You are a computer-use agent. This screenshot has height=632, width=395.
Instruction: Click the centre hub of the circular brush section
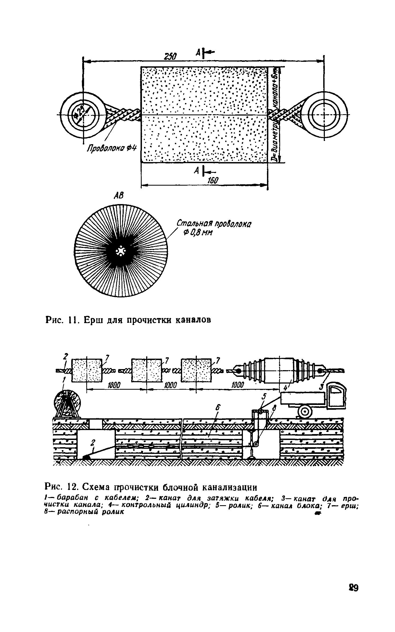click(121, 251)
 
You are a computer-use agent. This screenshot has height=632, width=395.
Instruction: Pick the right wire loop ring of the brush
click(324, 115)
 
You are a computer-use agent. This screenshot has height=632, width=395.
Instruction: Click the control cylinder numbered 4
click(279, 370)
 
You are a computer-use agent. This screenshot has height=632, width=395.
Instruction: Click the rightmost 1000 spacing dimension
click(238, 385)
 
